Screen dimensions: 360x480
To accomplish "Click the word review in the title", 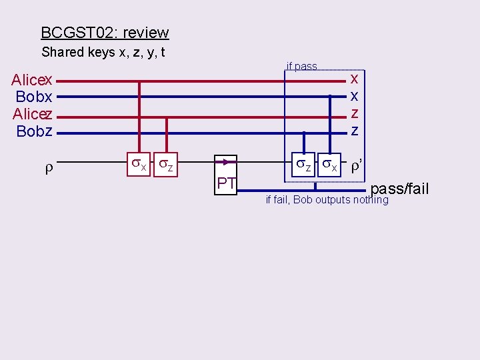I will coord(146,33).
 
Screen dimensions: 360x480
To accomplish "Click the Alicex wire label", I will coord(32,81).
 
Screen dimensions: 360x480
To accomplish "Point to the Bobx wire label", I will coord(34,97).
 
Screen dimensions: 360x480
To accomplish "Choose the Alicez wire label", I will coord(32,114).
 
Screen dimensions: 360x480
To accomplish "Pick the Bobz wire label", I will coord(34,131).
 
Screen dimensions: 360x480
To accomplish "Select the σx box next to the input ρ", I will coord(138,165).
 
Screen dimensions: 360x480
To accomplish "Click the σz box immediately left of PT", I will coord(165,165).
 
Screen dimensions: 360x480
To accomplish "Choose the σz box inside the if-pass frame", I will coord(303,165).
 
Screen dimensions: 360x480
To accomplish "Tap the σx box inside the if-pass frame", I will coord(329,165).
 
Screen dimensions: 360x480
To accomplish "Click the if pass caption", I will coord(301,66).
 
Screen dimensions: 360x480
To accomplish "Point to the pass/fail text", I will coord(399,189).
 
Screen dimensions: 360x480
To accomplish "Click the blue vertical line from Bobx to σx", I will coord(329,127).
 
